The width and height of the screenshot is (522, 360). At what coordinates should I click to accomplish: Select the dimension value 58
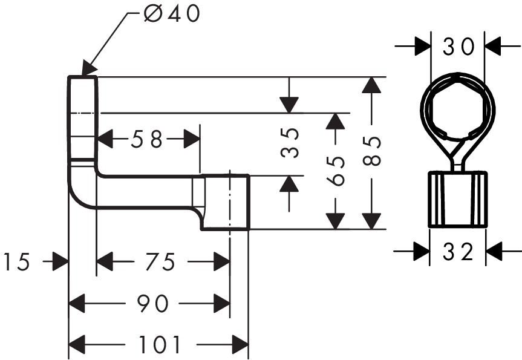pos(148,140)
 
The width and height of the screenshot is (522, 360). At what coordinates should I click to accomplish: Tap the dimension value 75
pos(161,262)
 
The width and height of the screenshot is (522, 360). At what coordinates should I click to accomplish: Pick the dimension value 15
pos(17,262)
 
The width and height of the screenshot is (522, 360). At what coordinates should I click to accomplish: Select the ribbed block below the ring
pos(457,199)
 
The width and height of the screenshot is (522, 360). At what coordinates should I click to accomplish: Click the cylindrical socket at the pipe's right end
pos(225,203)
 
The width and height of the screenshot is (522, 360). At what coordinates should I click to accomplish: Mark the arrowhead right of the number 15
pos(59,262)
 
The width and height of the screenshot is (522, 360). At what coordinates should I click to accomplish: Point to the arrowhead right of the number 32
pos(495,251)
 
